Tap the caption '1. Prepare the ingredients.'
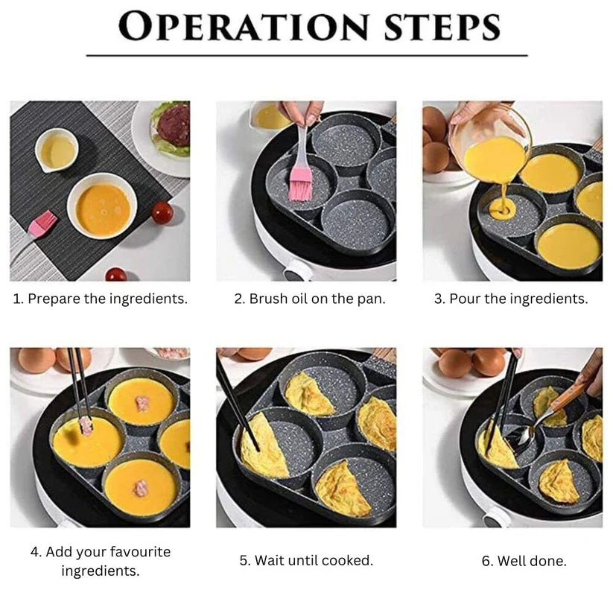point(101,299)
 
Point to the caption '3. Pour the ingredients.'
point(511,299)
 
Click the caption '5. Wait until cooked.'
point(306,560)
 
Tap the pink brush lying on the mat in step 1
point(42,223)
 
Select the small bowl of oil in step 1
point(57,150)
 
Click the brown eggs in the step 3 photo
point(436,142)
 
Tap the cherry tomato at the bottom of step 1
point(115,275)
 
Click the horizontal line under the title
point(306,56)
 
